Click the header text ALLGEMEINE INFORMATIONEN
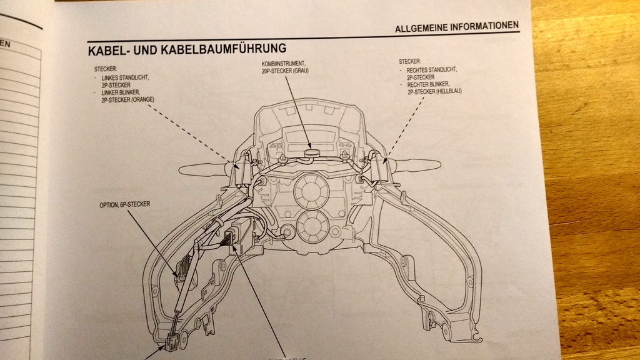tap(457, 26)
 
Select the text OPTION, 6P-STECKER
tap(124, 204)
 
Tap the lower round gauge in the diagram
tap(311, 226)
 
